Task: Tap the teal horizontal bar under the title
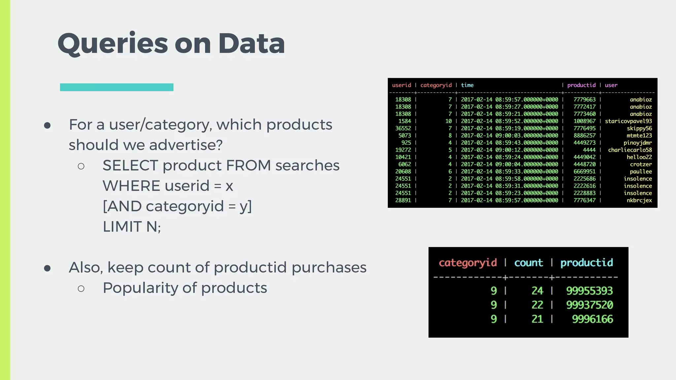click(117, 87)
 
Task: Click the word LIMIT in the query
click(122, 227)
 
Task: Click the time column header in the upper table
click(467, 85)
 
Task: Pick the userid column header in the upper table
click(401, 85)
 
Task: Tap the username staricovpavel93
click(628, 121)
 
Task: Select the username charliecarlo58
click(630, 150)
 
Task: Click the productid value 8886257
click(584, 136)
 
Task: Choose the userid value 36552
click(403, 128)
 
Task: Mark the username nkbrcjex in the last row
click(639, 200)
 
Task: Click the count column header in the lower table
click(528, 263)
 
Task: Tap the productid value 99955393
click(589, 291)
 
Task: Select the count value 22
click(537, 305)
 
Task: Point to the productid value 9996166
click(592, 319)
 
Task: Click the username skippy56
click(639, 128)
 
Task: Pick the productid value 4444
click(589, 150)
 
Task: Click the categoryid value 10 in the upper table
click(448, 121)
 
